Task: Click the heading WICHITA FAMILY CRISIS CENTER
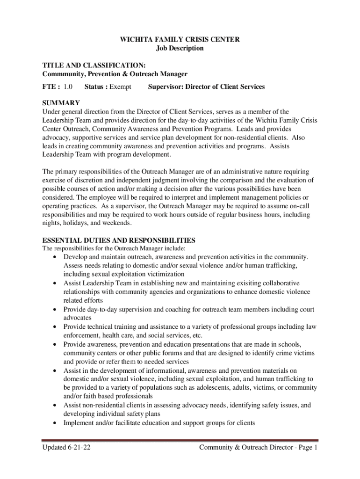pos(180,40)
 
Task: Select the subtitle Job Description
pos(180,48)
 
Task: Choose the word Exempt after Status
pos(120,87)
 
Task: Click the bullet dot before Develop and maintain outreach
pos(56,257)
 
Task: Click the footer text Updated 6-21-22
pos(67,448)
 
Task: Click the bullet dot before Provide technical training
pos(56,327)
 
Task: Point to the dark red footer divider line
pos(180,440)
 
